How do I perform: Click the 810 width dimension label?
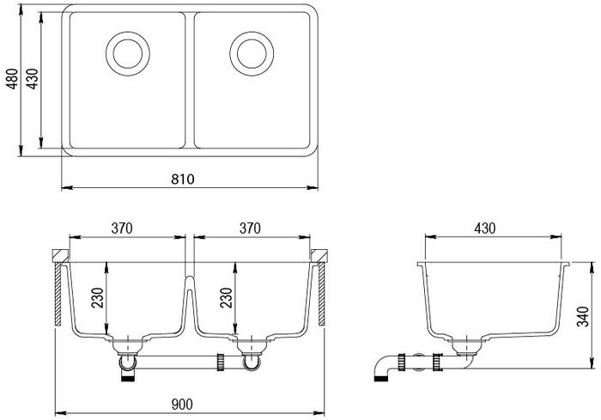182,180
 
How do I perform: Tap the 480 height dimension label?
13,79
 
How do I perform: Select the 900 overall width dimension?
182,405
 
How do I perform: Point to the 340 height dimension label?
583,316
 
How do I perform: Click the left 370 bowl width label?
122,228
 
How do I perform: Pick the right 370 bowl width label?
250,228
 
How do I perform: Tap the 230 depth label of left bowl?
98,298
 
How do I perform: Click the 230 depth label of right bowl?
226,298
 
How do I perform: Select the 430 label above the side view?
485,228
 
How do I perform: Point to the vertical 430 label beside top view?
33,79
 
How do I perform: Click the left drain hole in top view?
128,54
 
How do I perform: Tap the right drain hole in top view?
252,54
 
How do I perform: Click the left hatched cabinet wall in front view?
58,295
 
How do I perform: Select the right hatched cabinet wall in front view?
322,295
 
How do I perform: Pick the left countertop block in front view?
60,256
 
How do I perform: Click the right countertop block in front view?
319,256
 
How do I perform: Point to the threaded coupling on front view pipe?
221,362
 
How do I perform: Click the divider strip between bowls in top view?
190,81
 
